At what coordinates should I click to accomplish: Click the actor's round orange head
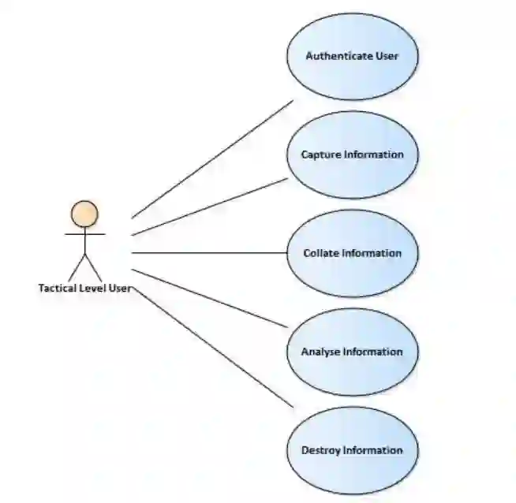pos(84,214)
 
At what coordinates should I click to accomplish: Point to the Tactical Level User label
pos(84,288)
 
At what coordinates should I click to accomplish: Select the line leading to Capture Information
pos(210,207)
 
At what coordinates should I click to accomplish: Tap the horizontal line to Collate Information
pos(209,253)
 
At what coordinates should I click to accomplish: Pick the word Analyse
pos(320,352)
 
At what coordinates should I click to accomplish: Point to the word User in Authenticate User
pos(387,56)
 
